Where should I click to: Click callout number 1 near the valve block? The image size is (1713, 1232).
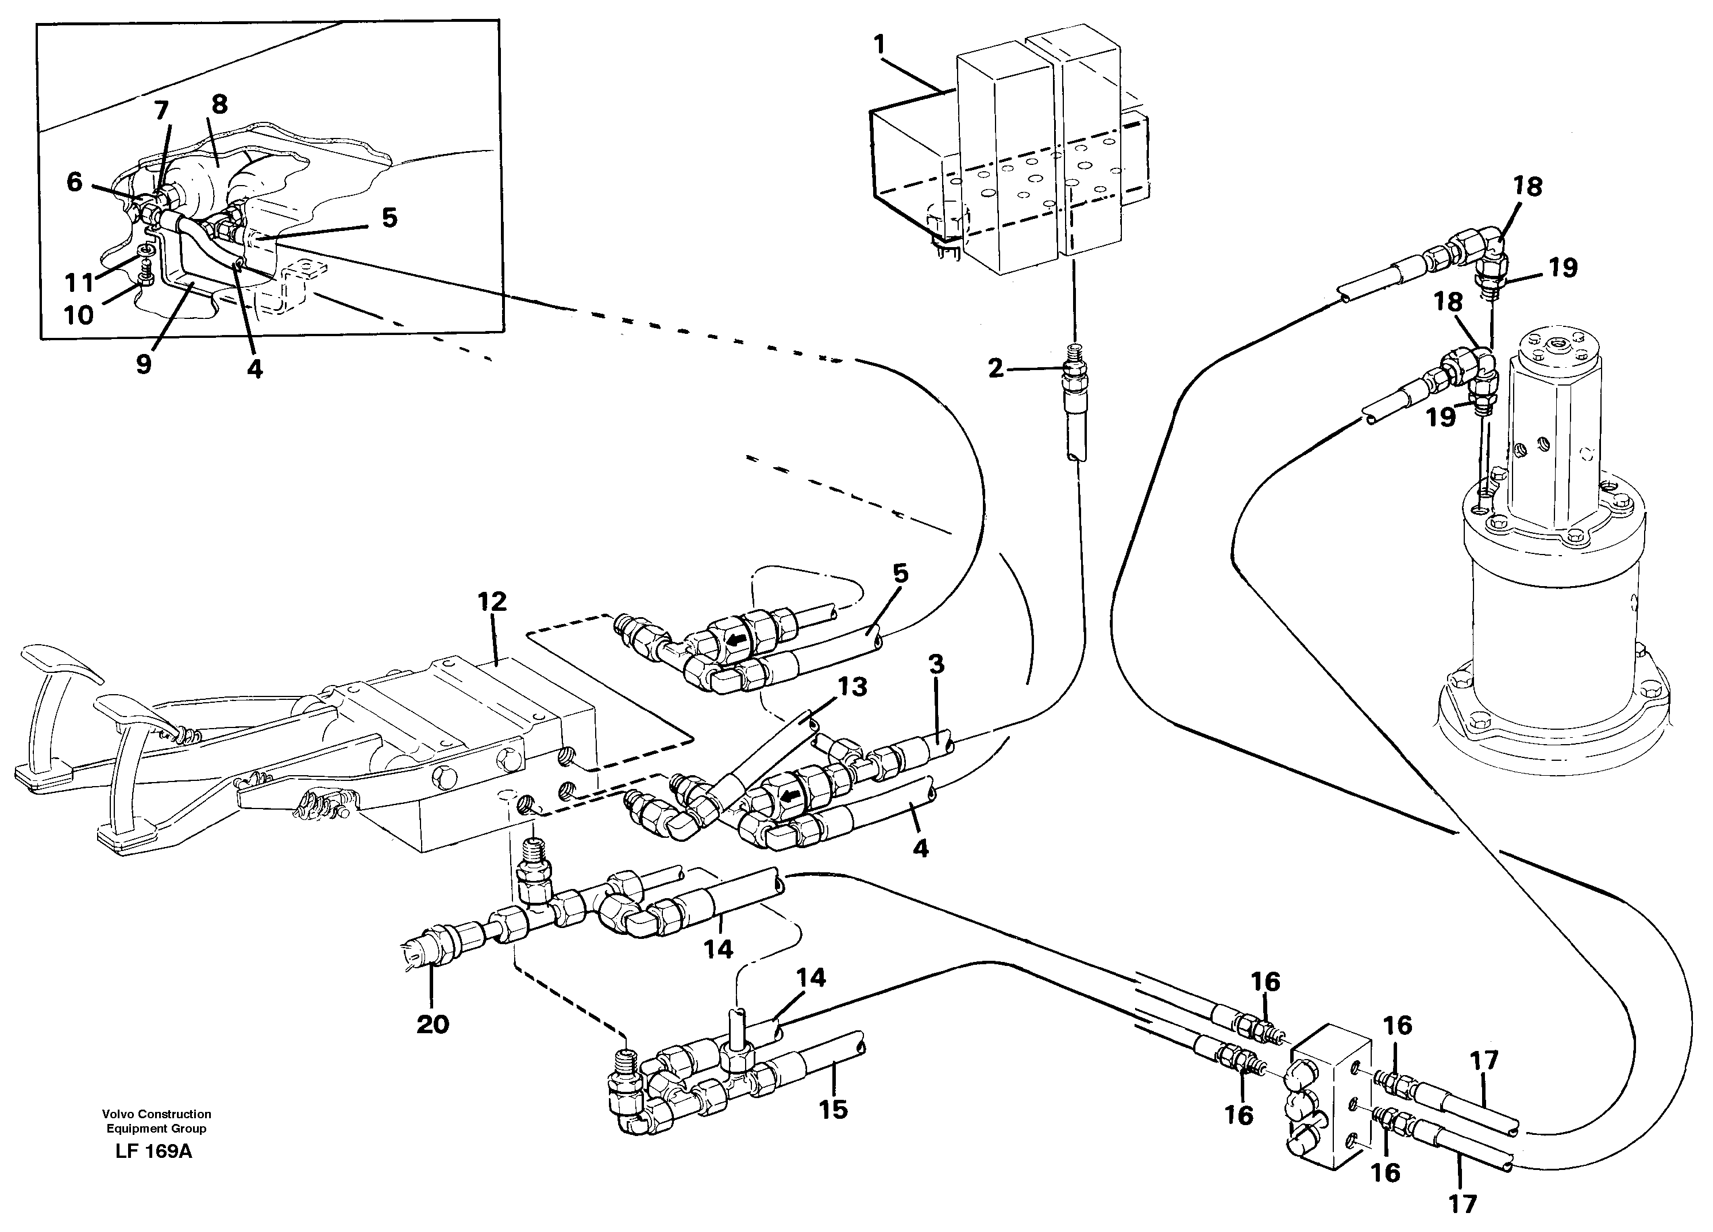coord(878,45)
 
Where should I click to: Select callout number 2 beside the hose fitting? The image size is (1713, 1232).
coord(996,368)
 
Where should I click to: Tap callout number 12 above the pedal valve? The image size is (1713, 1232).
coord(492,602)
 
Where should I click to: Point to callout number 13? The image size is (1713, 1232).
coord(851,687)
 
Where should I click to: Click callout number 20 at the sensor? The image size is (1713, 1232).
coord(432,1025)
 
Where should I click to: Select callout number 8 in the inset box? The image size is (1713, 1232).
coord(219,103)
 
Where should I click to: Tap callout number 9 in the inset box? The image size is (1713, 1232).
coord(144,364)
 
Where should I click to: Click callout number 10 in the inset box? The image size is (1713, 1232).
coord(79,315)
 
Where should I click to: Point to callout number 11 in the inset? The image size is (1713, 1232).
coord(79,283)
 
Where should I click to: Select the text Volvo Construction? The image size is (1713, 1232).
coord(156,1114)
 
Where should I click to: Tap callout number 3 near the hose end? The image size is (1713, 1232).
coord(936,665)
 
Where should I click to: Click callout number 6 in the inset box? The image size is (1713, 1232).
coord(74,182)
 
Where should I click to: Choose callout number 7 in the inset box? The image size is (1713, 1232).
coord(161,111)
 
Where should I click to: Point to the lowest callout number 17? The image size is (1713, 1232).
coord(1462,1203)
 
